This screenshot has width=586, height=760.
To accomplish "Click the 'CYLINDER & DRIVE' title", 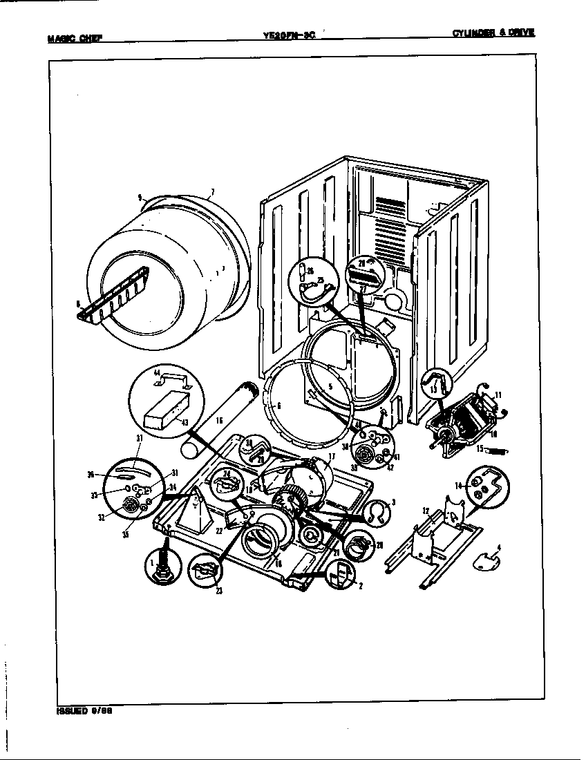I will pyautogui.click(x=493, y=33).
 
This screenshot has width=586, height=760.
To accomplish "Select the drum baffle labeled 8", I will pyautogui.click(x=114, y=296).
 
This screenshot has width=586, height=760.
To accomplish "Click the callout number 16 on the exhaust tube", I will pyautogui.click(x=218, y=419).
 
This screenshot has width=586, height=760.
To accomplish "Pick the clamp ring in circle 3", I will pyautogui.click(x=375, y=512).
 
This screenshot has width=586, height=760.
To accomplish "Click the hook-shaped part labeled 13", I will pyautogui.click(x=435, y=379).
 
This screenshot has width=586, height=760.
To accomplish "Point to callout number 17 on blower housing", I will pyautogui.click(x=332, y=456).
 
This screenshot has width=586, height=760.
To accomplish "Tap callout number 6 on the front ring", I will pyautogui.click(x=278, y=406).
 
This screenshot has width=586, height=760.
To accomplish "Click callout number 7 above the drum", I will pyautogui.click(x=212, y=192).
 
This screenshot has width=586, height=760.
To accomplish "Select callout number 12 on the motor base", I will pyautogui.click(x=426, y=512).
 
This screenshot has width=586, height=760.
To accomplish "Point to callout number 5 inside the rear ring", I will pyautogui.click(x=330, y=388).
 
